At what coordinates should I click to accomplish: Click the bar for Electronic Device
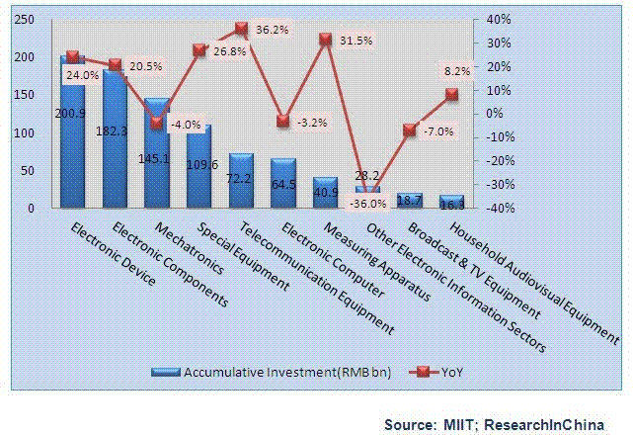72,133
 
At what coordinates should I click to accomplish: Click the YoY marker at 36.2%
242,29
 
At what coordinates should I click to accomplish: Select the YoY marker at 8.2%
451,94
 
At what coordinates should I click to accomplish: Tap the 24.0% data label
83,74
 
